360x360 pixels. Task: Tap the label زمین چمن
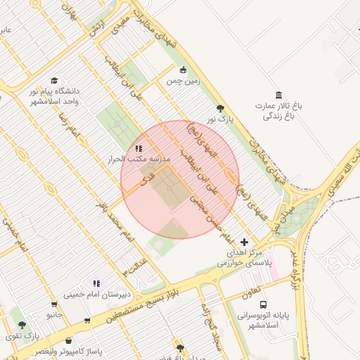(x=183, y=81)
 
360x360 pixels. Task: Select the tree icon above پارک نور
(x=220, y=108)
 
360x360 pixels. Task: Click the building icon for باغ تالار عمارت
(x=279, y=95)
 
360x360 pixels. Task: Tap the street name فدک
(x=147, y=179)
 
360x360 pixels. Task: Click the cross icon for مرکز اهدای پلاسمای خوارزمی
(x=244, y=241)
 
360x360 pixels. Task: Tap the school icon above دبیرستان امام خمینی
(x=96, y=283)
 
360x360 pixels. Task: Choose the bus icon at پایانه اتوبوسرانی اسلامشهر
(x=263, y=304)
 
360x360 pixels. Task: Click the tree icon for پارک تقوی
(x=22, y=325)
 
